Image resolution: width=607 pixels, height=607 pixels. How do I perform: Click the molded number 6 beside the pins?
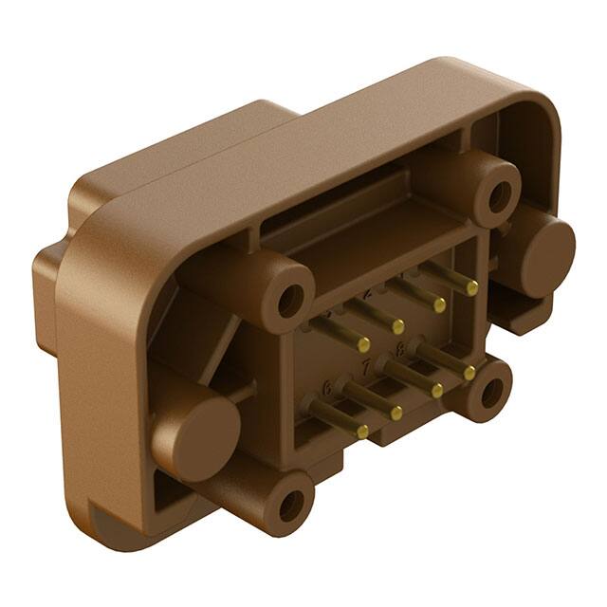pyautogui.click(x=328, y=387)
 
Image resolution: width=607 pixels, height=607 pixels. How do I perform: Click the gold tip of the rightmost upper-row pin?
pyautogui.click(x=472, y=287)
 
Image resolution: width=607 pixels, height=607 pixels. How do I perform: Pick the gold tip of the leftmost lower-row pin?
pyautogui.click(x=362, y=432)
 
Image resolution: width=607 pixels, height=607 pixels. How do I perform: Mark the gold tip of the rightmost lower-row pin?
pyautogui.click(x=469, y=373)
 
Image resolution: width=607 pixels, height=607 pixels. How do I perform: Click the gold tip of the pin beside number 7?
pyautogui.click(x=396, y=413)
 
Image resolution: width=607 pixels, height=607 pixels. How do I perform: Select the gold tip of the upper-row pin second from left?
pyautogui.click(x=399, y=327)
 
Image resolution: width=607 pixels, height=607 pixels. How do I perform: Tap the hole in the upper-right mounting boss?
pyautogui.click(x=498, y=193)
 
